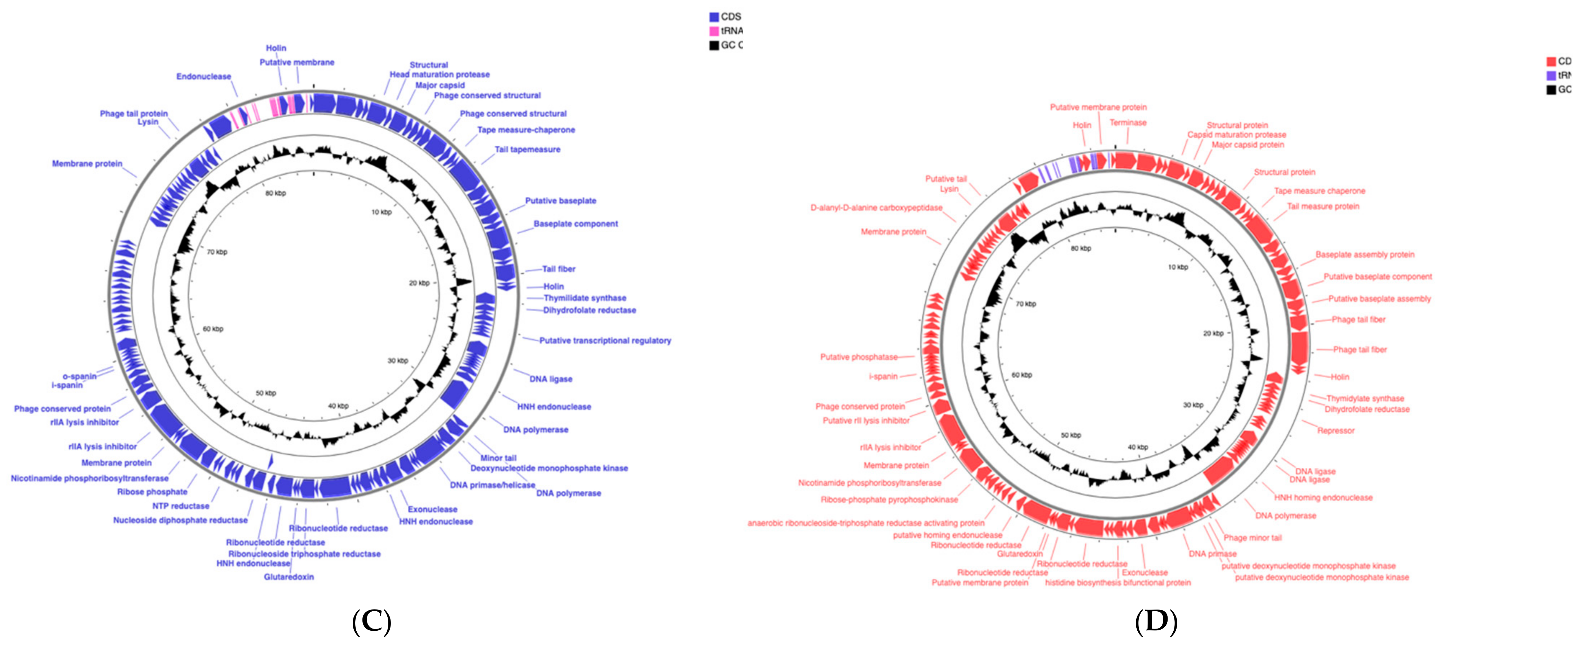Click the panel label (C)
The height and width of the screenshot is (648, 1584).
pos(371,622)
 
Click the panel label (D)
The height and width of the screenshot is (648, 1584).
pos(1156,622)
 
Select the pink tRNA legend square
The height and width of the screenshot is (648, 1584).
pos(714,31)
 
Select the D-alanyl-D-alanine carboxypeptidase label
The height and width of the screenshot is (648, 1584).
pos(876,208)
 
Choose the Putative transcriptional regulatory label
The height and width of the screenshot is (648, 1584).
pos(605,341)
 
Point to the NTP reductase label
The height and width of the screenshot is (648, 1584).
pos(181,506)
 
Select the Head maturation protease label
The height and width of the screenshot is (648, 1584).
pos(440,74)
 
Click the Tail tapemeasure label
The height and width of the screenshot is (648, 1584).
pos(528,149)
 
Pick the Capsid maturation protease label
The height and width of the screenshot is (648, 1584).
pos(1237,135)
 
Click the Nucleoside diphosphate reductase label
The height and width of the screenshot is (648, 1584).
pos(180,520)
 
